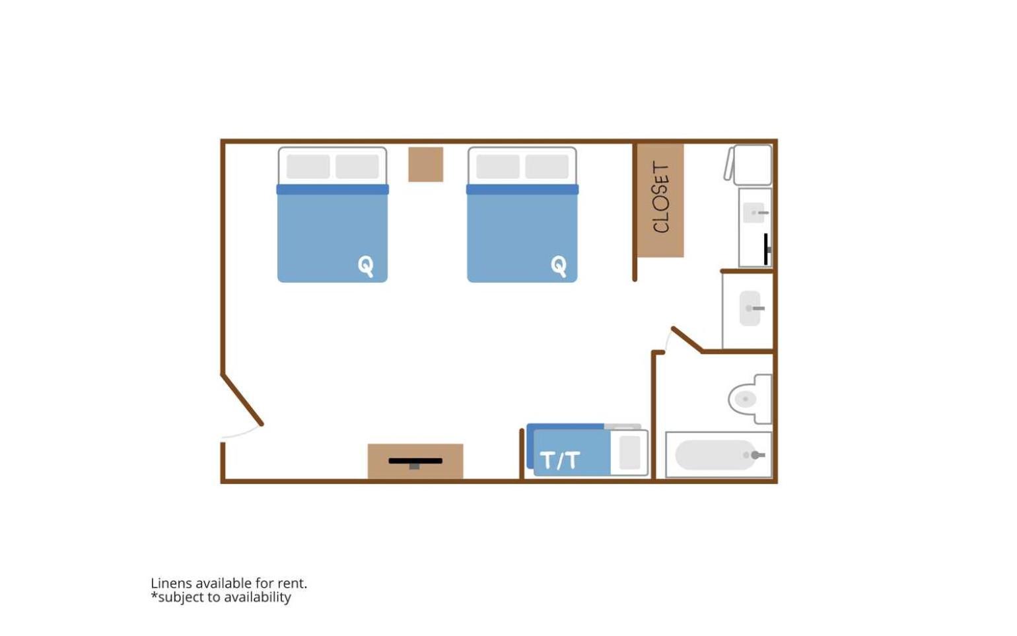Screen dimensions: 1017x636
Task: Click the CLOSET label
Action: [661, 197]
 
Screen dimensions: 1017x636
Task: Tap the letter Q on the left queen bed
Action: [366, 265]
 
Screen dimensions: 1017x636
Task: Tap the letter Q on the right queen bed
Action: [559, 265]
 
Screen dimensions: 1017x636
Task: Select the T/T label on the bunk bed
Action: [560, 460]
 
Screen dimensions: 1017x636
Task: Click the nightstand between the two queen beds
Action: [426, 164]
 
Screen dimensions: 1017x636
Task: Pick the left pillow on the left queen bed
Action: [308, 166]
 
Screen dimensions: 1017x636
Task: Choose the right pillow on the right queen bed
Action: [547, 166]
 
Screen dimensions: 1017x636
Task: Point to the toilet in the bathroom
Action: [750, 400]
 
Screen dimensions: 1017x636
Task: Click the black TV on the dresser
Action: [415, 462]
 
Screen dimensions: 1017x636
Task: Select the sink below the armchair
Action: [754, 213]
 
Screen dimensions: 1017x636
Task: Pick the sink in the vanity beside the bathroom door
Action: [750, 308]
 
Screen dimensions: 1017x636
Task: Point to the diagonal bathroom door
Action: [688, 339]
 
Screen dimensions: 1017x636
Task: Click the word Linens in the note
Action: [172, 583]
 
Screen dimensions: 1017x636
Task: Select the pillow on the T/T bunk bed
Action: [630, 452]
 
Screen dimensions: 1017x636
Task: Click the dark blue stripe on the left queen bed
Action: [333, 190]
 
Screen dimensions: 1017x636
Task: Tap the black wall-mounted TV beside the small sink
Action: [767, 249]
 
